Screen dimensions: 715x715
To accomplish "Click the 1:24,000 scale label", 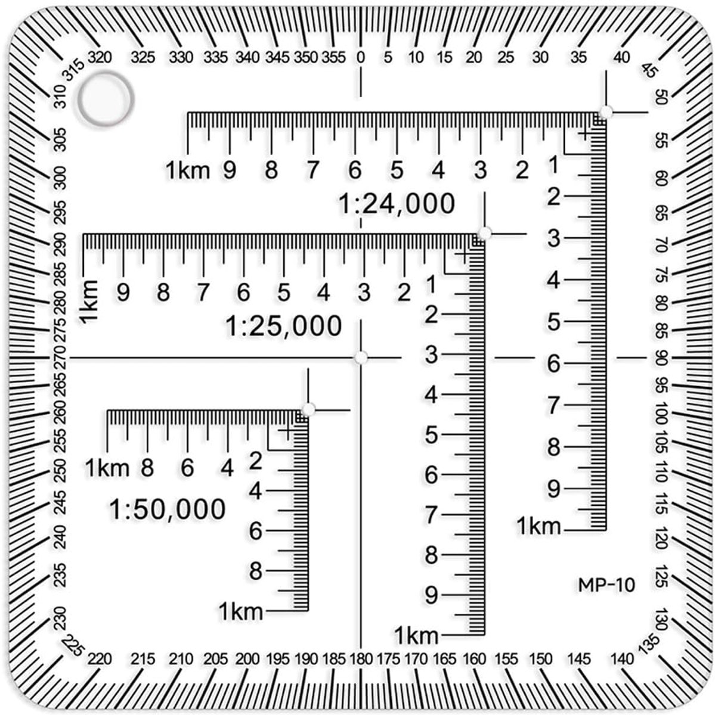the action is point(397,204).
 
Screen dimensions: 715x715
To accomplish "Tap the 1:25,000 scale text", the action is point(284,327).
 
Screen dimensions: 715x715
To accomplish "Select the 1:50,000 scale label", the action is point(168,509).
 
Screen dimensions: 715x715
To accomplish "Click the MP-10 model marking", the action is point(606,585).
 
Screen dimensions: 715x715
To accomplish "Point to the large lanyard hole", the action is point(106,100).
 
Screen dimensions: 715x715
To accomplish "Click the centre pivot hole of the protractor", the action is point(361,357).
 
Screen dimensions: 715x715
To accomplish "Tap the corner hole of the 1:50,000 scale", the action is point(308,409).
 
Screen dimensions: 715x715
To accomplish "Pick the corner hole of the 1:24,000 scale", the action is point(606,111).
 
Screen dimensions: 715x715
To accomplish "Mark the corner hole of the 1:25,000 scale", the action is point(485,234).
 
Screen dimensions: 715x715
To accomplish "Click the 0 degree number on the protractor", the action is point(360,58).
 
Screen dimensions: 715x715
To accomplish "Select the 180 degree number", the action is point(361,659).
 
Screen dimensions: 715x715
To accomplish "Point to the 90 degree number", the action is point(663,358).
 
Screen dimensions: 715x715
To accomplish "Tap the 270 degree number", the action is point(60,358).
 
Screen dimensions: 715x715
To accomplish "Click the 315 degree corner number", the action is point(73,70).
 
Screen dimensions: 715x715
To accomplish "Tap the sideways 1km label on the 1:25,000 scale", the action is point(89,301).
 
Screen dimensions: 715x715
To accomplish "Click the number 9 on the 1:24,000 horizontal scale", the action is point(230,170).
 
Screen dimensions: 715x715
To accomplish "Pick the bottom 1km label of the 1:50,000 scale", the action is point(241,611).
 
